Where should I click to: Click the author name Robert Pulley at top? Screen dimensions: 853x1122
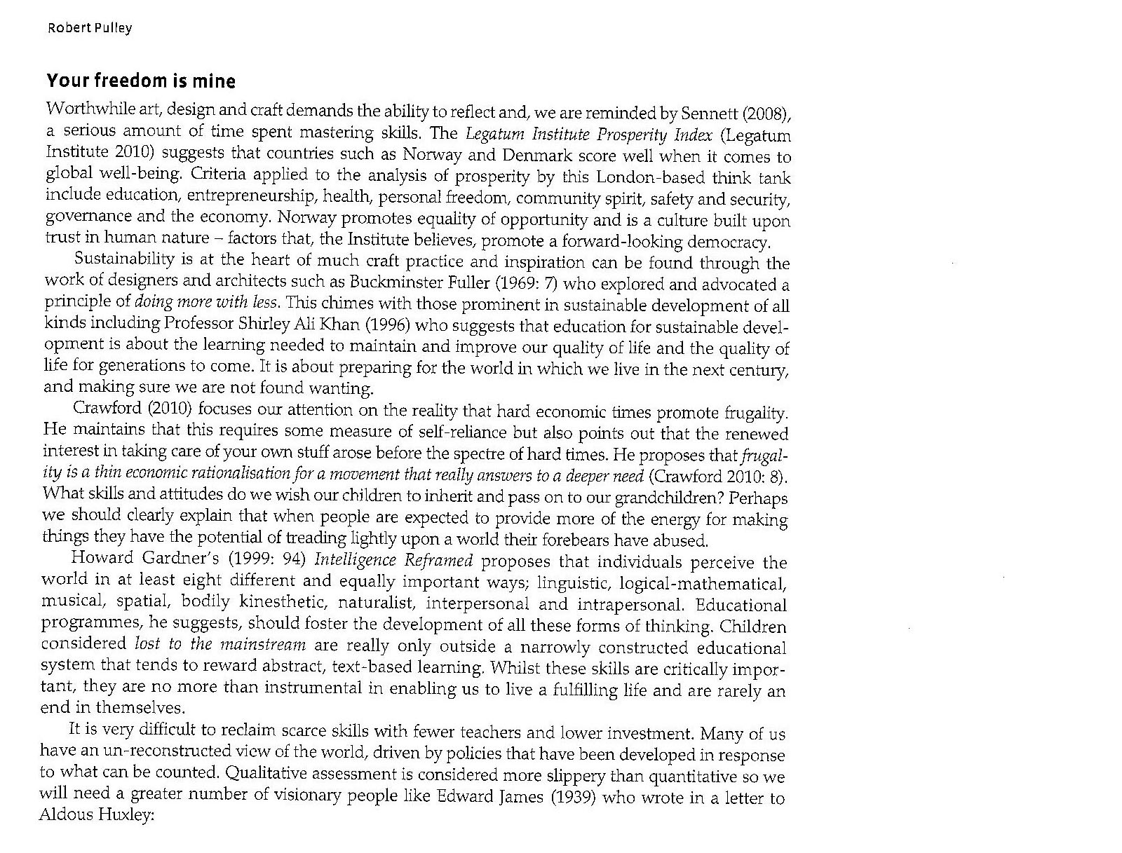[x=89, y=28]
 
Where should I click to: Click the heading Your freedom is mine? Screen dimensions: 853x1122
[x=141, y=81]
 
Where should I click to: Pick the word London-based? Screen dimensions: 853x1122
[x=658, y=177]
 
